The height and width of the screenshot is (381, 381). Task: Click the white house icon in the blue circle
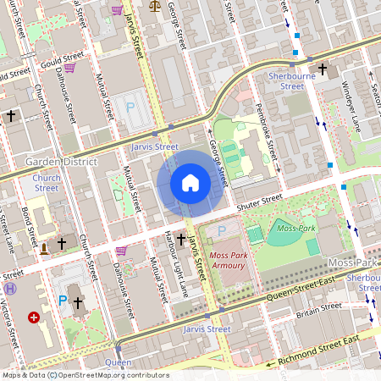pos(190,182)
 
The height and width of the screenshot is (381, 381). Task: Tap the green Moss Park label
pos(295,229)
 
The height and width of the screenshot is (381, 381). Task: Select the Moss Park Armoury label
pos(226,260)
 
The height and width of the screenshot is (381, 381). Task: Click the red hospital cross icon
pos(34,317)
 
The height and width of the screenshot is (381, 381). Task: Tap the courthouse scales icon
pos(153,4)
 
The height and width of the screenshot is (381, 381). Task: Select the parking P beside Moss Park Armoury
pos(223,230)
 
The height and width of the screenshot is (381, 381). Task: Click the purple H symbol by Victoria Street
pos(10,289)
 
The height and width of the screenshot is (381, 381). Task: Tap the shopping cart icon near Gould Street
pos(70,68)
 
